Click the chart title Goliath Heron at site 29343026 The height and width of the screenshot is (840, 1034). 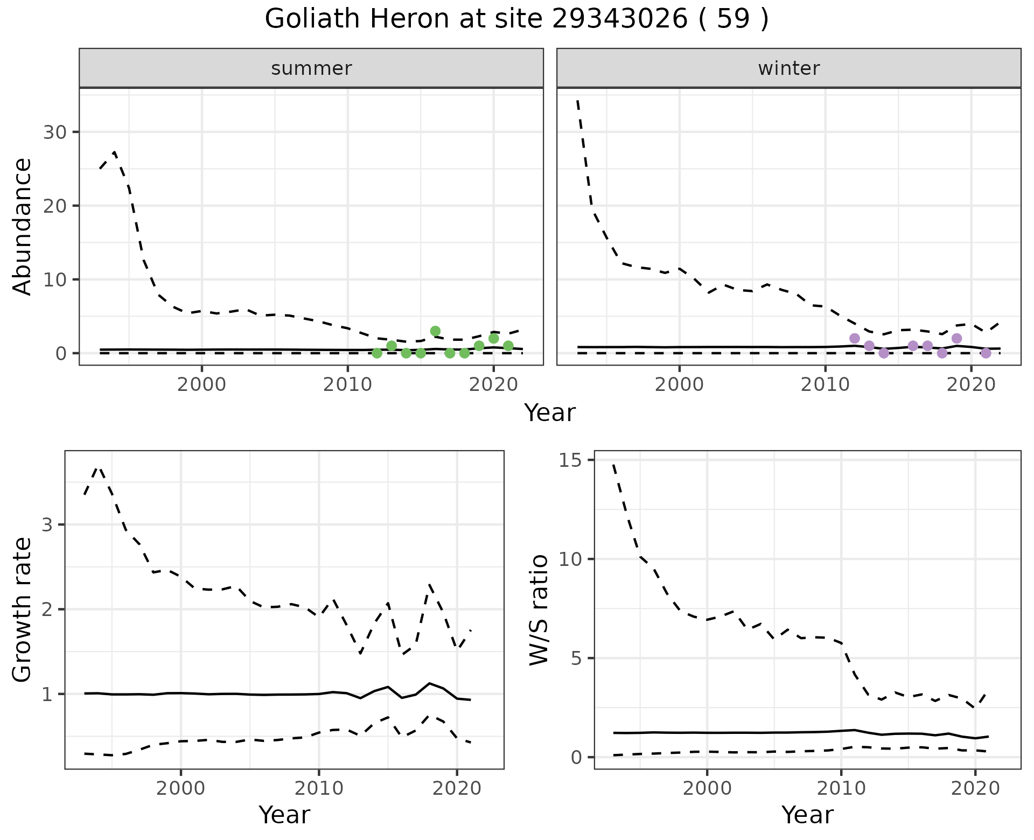516,19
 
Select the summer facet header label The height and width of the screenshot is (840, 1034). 311,68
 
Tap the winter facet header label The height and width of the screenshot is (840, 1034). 788,68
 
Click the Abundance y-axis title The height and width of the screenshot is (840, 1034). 23,226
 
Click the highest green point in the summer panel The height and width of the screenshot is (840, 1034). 435,331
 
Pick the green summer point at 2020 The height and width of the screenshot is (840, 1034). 493,338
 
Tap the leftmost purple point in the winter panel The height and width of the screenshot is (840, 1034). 854,338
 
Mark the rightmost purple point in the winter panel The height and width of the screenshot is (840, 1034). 986,353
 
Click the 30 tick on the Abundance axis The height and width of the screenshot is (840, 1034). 54,132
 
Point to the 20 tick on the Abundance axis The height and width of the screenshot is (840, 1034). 54,206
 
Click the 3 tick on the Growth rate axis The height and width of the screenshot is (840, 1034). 47,525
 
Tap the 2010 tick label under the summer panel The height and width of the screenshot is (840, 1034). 348,385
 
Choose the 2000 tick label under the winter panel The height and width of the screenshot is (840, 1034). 680,385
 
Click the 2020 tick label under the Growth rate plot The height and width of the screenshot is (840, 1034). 457,789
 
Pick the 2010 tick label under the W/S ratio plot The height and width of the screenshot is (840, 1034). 841,789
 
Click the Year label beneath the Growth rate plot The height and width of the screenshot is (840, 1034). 284,815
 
